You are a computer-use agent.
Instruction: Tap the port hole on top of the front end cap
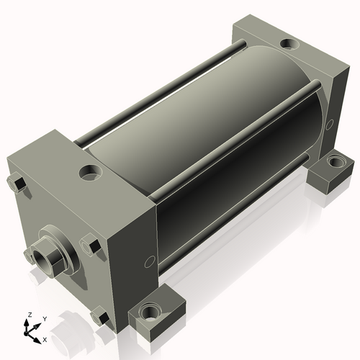coord(91,172)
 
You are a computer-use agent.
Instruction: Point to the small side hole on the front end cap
coord(149,261)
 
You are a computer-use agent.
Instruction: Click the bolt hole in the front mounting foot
coord(151,314)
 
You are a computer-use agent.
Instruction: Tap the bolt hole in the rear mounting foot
coord(332,162)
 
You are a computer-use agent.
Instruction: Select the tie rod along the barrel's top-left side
coord(158,94)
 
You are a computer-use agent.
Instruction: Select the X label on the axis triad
coord(45,338)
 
